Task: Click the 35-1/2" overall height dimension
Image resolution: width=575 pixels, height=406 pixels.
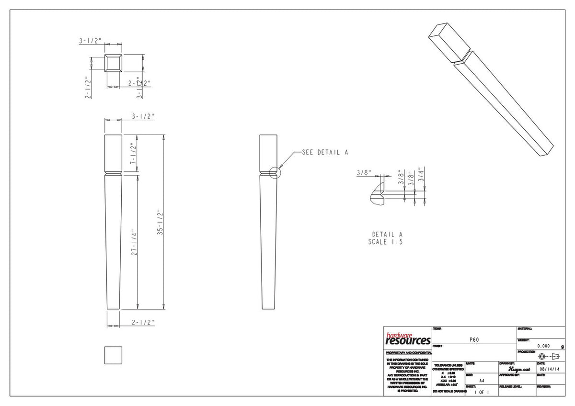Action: pos(161,223)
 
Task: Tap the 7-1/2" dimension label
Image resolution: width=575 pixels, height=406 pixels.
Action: pos(135,155)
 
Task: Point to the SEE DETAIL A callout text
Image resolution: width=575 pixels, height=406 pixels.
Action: pos(324,152)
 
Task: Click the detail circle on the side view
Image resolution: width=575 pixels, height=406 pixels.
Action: pos(274,172)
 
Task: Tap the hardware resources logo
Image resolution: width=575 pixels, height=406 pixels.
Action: pos(408,339)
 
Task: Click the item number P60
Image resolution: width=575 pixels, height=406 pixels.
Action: pos(474,339)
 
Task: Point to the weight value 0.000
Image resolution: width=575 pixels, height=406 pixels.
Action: pos(543,346)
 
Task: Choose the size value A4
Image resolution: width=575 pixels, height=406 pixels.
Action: pos(481,381)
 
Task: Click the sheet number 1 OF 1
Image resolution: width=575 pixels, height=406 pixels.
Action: pos(481,392)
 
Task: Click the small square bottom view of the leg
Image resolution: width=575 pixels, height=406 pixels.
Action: pos(113,355)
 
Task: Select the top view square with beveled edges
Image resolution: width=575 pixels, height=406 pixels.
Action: pos(114,63)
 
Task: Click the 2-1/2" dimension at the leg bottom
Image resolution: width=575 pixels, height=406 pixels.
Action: pos(143,323)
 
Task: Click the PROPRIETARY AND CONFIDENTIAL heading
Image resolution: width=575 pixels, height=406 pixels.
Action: pos(408,352)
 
